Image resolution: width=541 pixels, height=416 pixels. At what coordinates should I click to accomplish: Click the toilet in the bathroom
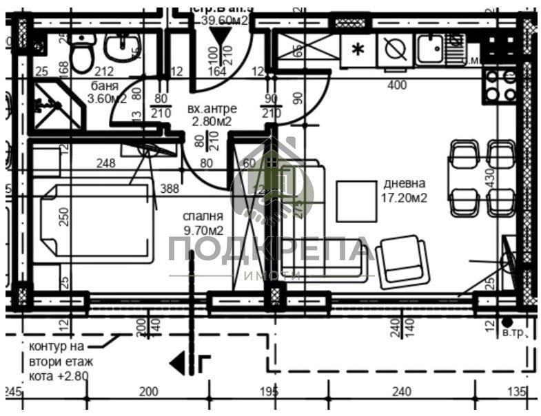point(82,54)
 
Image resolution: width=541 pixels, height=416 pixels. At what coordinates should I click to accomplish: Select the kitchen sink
point(432,49)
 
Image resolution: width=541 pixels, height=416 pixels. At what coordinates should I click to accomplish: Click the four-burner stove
point(500,85)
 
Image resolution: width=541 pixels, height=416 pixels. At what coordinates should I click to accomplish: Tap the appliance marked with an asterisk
point(358,50)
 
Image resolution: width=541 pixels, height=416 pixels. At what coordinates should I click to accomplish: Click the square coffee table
point(356,200)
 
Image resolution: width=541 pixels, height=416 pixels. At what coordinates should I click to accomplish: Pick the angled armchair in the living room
point(403,261)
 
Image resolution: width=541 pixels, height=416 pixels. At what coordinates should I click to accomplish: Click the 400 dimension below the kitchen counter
point(397,85)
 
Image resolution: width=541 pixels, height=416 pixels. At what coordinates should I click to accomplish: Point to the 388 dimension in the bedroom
point(170,188)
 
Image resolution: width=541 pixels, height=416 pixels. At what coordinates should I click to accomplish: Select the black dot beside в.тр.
point(507,322)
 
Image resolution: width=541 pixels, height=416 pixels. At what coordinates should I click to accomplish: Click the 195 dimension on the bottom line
point(269,392)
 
